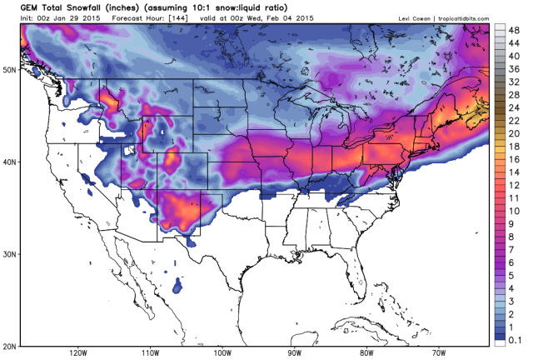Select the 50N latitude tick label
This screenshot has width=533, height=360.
pos(11,70)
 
